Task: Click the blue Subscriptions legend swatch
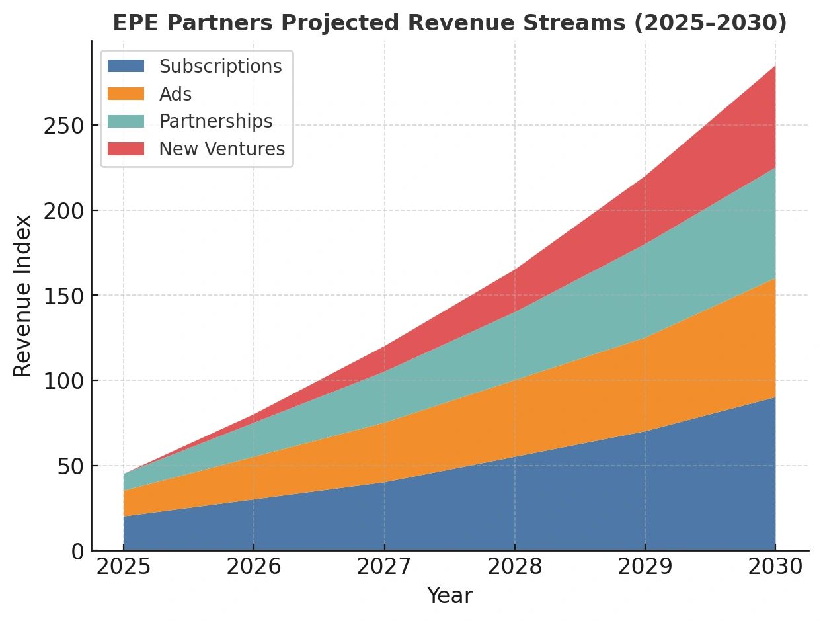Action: pos(126,67)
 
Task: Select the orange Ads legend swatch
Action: pos(126,94)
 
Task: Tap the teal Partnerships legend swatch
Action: pos(126,122)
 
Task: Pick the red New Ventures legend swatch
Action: pos(126,149)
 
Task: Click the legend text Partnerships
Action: pos(215,122)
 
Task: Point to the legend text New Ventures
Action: pos(221,149)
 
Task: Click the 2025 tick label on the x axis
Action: pos(124,567)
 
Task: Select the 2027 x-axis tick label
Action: pos(384,567)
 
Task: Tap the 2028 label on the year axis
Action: pos(515,567)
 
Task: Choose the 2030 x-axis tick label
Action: pos(775,567)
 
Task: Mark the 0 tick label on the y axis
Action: pos(78,551)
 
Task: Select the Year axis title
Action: pos(450,596)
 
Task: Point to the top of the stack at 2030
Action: pos(775,66)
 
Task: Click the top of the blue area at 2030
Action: pos(775,397)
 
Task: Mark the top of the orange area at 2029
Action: pos(645,338)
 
